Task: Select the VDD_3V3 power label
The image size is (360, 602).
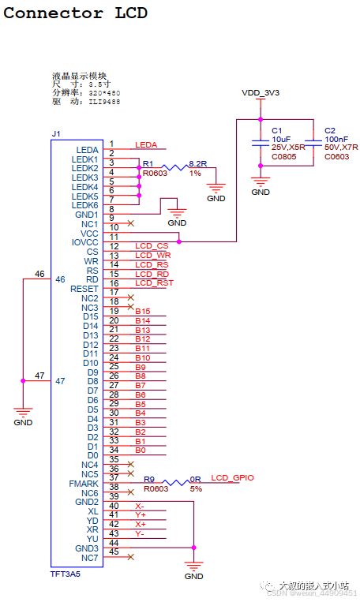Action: (x=260, y=93)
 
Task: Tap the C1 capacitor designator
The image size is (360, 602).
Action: (x=276, y=130)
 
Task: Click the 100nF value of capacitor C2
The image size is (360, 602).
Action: (x=336, y=139)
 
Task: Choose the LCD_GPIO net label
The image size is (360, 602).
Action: (x=232, y=478)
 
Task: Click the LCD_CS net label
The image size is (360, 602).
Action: (x=152, y=246)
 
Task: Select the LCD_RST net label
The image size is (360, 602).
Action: (x=154, y=282)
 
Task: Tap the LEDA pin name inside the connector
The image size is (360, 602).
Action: (x=87, y=150)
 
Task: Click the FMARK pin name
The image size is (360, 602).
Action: (x=84, y=484)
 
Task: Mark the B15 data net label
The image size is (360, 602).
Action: (x=142, y=312)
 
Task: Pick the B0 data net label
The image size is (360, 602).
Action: (x=140, y=450)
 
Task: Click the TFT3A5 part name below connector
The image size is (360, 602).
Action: (x=66, y=575)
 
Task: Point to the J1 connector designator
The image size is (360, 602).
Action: (x=55, y=134)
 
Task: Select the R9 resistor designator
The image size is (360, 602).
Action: (x=148, y=479)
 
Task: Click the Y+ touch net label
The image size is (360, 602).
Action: (x=140, y=514)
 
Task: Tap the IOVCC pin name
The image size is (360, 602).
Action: (x=84, y=242)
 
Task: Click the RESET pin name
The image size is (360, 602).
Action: (x=84, y=289)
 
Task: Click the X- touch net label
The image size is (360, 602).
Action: (x=140, y=506)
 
